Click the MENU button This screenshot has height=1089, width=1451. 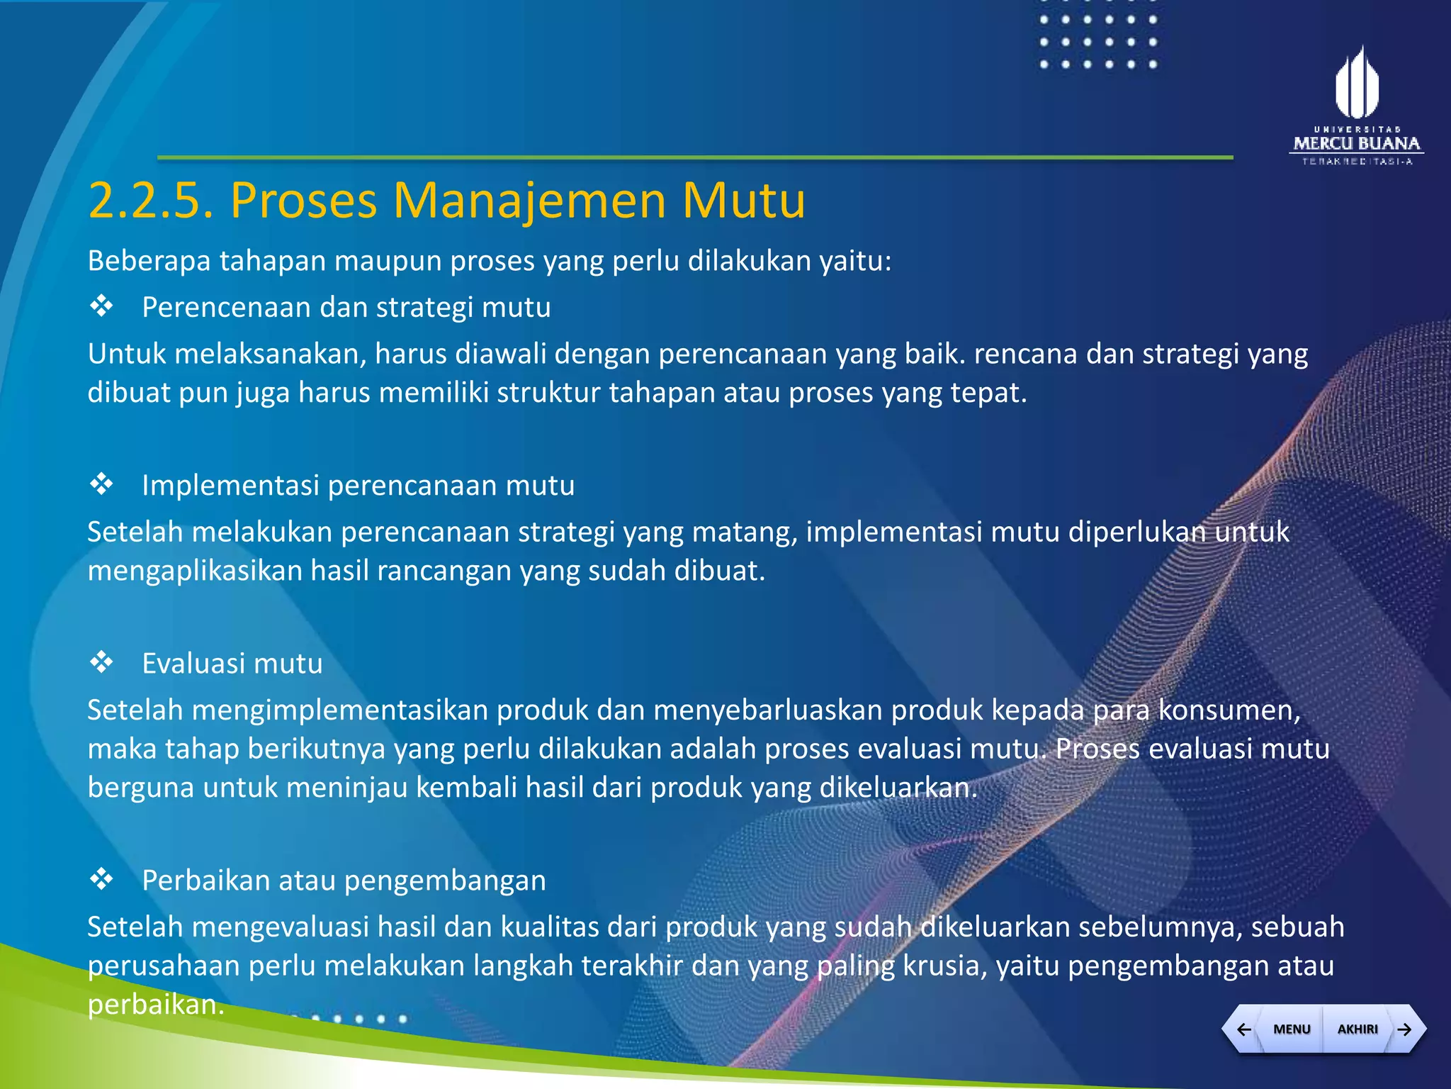pos(1291,1029)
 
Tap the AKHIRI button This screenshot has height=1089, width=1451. pos(1357,1029)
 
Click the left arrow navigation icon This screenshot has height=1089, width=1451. pos(1243,1029)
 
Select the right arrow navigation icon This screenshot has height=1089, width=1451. pos(1405,1029)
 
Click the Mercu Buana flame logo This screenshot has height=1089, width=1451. pos(1357,84)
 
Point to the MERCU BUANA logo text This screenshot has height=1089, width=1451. pos(1357,143)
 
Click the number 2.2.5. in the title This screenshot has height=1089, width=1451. pos(151,201)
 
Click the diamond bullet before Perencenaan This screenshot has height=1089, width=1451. pos(101,306)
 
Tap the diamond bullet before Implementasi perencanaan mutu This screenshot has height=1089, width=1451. pos(101,484)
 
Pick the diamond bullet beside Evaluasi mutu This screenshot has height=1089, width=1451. pos(101,662)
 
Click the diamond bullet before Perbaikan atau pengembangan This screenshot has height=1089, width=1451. pos(101,879)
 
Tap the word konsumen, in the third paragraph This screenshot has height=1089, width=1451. pos(1229,710)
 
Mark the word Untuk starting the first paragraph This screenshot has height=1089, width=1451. pos(127,354)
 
